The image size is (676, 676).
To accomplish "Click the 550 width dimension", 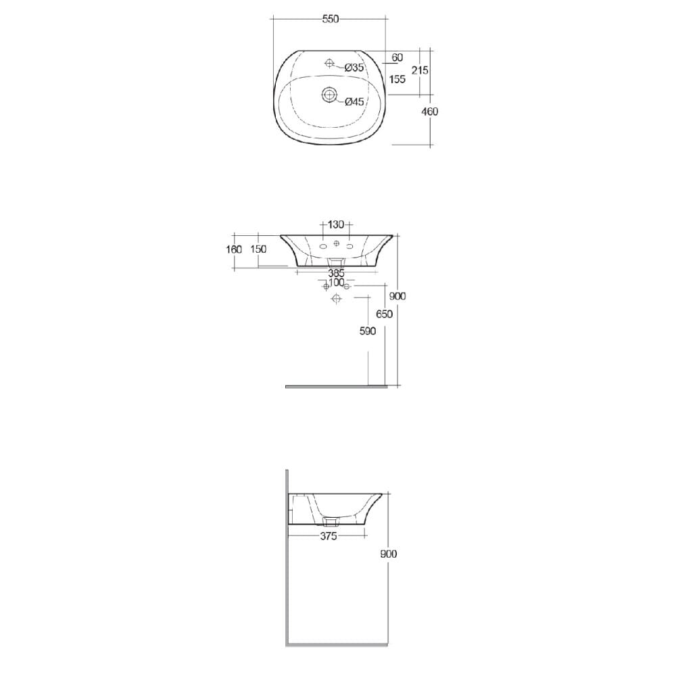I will coord(330,20).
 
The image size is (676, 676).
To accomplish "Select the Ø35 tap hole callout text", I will coord(354,68).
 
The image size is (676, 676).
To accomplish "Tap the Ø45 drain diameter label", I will coord(354,101).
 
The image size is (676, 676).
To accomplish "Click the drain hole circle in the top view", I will coord(329,95).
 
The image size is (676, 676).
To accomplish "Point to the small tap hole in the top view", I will coord(329,64).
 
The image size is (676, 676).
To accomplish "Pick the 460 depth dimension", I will coord(429,112).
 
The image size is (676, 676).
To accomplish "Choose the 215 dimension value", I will coord(420,70).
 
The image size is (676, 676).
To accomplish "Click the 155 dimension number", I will coord(397,79).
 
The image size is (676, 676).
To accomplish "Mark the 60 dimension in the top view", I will coord(397,58).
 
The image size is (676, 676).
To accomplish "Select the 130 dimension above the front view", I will coord(336,224).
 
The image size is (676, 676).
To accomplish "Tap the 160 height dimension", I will coord(234,249).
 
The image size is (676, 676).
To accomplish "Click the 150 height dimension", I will coord(258,249).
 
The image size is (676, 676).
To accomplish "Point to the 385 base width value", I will coord(336,273).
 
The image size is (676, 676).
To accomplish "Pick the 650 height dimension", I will coord(384,314).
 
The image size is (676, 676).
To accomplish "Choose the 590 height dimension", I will coord(368,331).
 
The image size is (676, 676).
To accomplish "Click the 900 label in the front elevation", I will coord(397,296).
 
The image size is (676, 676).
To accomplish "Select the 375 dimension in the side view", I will coord(329,536).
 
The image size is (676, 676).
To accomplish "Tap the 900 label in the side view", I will coord(389,553).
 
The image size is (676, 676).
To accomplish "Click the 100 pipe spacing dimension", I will coord(336,282).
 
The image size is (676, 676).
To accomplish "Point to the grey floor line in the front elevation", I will coord(336,387).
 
